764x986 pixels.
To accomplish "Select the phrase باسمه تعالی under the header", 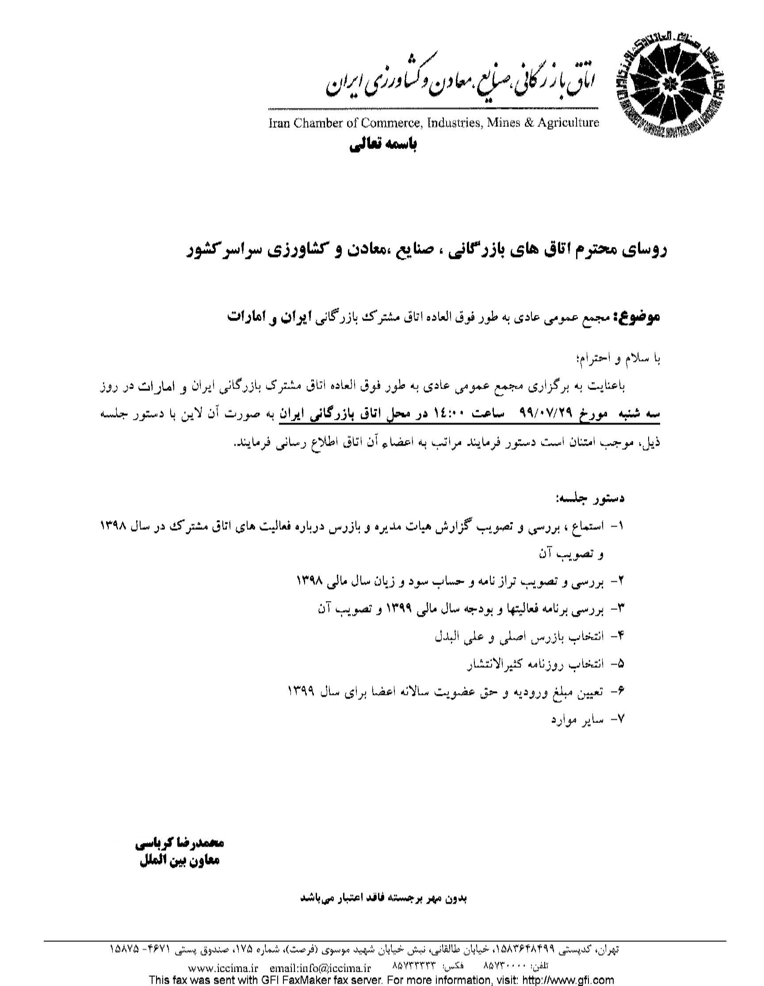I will pyautogui.click(x=383, y=146).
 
